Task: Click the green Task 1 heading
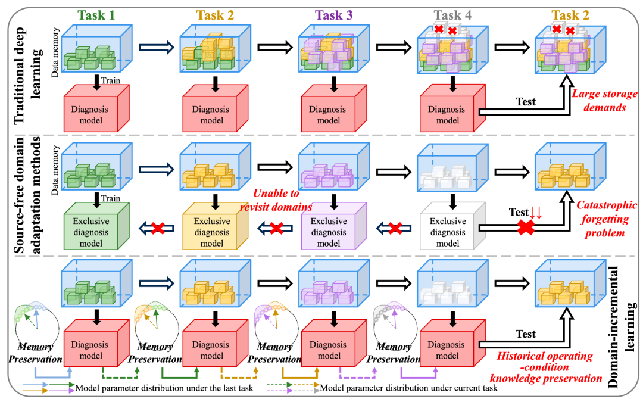[96, 15]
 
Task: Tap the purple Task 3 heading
[334, 15]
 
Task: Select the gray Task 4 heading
[452, 15]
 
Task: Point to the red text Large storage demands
[605, 101]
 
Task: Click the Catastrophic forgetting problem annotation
[607, 219]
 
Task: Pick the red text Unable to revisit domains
[276, 200]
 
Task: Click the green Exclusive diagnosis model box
[97, 226]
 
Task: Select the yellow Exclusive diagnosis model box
[216, 226]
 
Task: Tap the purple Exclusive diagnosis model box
[334, 226]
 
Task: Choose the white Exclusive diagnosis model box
[452, 226]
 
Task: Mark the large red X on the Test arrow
[526, 227]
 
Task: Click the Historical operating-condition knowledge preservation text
[545, 367]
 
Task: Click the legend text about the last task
[164, 388]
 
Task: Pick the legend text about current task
[408, 388]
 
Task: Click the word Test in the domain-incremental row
[526, 334]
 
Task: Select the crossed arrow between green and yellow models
[157, 228]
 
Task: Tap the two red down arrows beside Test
[536, 213]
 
